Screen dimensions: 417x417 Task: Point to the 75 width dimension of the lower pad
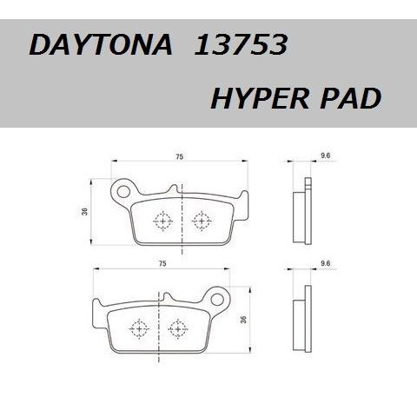click(x=162, y=262)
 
